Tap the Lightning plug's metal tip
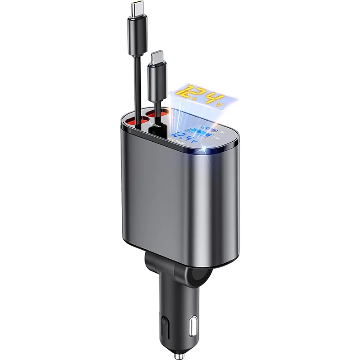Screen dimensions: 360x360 (x=156, y=57)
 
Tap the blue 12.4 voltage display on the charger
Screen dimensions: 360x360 (x=184, y=135)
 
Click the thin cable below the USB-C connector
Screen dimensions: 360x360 (x=135, y=90)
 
